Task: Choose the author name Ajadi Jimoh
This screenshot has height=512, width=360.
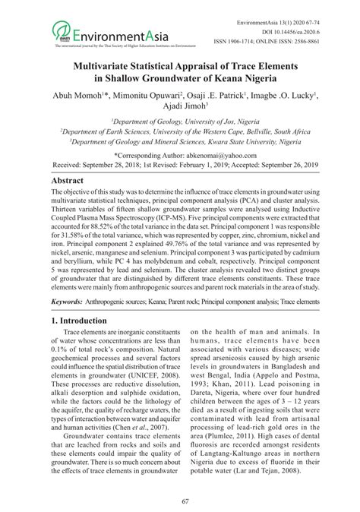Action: point(180,111)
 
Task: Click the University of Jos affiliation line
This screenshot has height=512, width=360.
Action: point(180,122)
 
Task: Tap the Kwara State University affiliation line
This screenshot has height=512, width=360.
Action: point(180,141)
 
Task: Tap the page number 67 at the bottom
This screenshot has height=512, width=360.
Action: point(180,501)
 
